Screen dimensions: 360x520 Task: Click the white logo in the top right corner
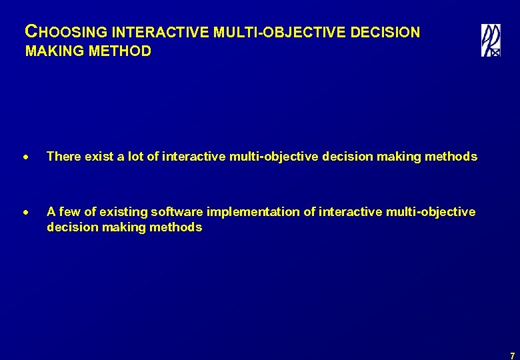coord(491,41)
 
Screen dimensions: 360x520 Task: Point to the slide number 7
coord(511,356)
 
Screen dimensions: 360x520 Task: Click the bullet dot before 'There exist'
coord(27,157)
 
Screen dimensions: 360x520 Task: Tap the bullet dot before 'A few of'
coord(27,213)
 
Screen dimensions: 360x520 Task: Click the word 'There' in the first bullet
coord(63,157)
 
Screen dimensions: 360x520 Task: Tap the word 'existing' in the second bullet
coord(122,212)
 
